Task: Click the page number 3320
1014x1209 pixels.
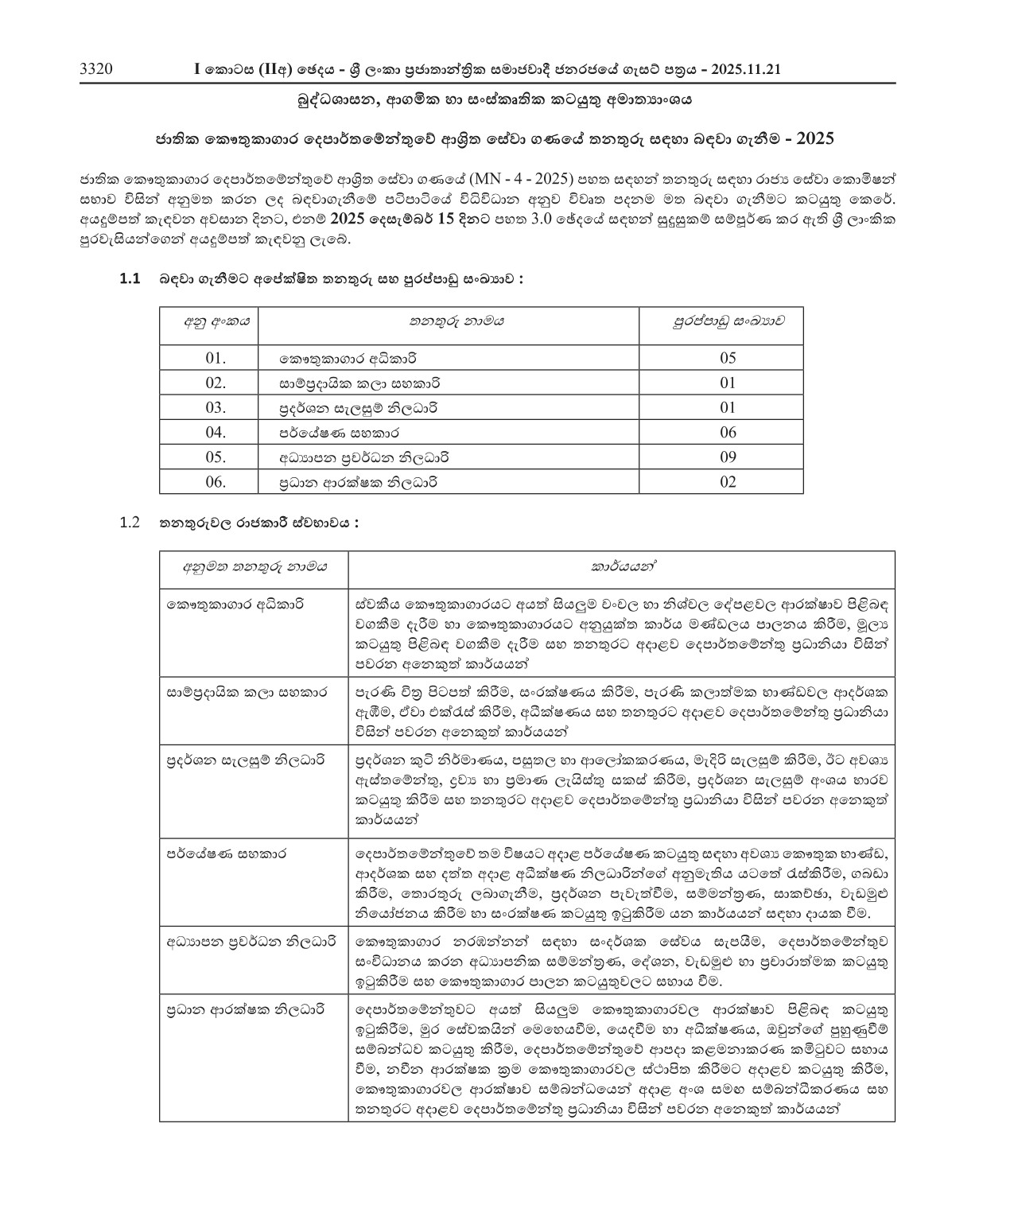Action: pyautogui.click(x=96, y=70)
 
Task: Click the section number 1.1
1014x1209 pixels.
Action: pyautogui.click(x=130, y=278)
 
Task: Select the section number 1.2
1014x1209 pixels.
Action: pyautogui.click(x=130, y=523)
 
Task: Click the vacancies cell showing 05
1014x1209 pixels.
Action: pyautogui.click(x=728, y=358)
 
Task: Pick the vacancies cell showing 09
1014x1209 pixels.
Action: pyautogui.click(x=728, y=457)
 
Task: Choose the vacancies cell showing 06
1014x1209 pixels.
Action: pyautogui.click(x=728, y=432)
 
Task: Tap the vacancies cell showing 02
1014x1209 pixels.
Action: pyautogui.click(x=728, y=481)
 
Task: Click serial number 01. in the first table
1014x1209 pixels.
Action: pyautogui.click(x=216, y=358)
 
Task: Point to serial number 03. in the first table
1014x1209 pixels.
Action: pyautogui.click(x=216, y=407)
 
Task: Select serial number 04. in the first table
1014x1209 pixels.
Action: pyautogui.click(x=216, y=432)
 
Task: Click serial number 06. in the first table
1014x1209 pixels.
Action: pyautogui.click(x=216, y=481)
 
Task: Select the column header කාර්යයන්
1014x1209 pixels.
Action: pyautogui.click(x=621, y=567)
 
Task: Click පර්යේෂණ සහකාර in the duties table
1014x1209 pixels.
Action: pyautogui.click(x=227, y=853)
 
